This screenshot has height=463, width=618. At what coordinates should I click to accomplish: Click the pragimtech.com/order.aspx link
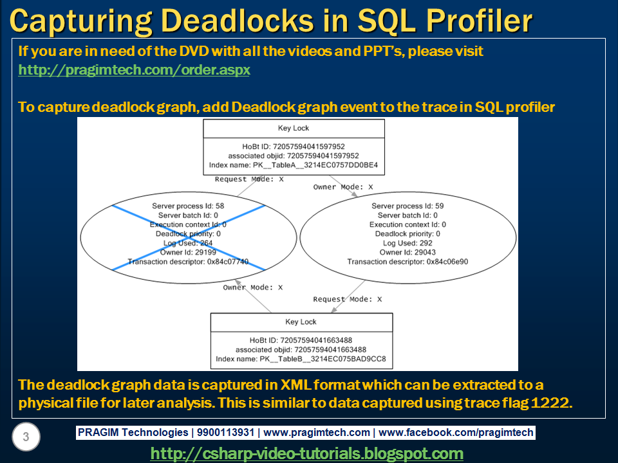[134, 69]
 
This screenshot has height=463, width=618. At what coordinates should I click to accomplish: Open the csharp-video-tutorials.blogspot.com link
[306, 453]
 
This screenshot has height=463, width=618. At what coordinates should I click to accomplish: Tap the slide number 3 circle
[26, 437]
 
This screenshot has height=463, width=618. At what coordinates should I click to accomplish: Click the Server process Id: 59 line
[407, 206]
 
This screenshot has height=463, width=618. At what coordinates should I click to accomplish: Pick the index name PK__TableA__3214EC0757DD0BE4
[294, 165]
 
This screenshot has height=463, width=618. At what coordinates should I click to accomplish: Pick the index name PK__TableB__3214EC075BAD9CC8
[301, 359]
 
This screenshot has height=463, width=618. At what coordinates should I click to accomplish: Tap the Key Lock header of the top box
[294, 129]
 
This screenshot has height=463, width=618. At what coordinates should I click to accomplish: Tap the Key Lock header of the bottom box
[301, 322]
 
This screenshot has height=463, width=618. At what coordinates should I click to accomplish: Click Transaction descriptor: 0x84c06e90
[407, 262]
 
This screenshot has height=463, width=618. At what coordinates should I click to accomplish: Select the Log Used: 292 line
[407, 243]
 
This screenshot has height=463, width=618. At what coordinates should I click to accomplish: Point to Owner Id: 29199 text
[188, 253]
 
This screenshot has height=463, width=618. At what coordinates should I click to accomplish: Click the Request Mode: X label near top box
[249, 179]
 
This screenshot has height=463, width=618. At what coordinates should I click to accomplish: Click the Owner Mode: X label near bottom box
[252, 287]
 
